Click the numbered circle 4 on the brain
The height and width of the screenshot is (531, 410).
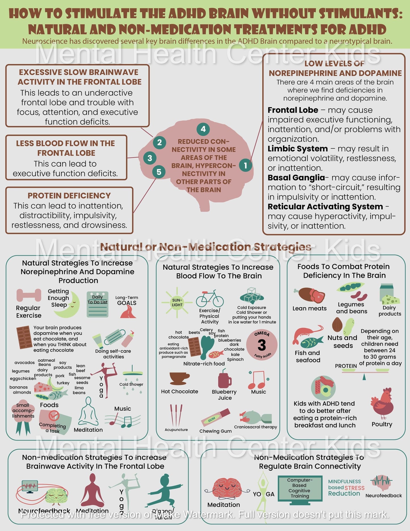[x=203, y=129]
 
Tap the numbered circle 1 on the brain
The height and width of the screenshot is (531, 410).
[x=245, y=165]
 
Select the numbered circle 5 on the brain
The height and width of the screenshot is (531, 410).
[x=159, y=172]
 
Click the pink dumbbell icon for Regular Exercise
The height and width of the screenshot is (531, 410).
[x=29, y=295]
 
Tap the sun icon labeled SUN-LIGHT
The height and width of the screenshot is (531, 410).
[x=177, y=302]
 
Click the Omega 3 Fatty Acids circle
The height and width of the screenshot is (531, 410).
[x=262, y=345]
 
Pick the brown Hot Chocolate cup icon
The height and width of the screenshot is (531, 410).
[x=179, y=379]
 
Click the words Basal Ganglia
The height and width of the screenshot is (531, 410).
[x=296, y=178]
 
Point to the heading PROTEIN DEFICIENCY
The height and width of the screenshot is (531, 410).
[x=69, y=196]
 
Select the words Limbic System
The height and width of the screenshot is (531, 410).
[x=297, y=149]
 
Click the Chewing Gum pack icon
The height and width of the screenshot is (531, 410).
[x=215, y=417]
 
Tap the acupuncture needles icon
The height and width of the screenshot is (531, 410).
[x=176, y=415]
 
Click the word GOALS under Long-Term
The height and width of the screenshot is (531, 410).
[x=127, y=303]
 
